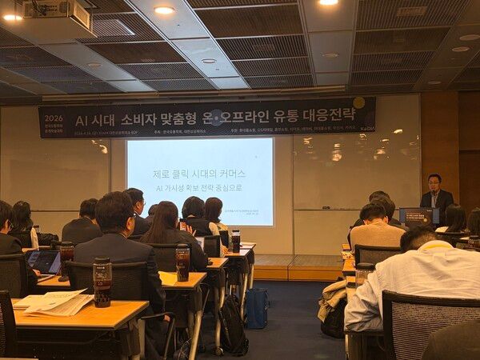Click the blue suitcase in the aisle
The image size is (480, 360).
257,308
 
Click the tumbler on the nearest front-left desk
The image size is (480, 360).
102,281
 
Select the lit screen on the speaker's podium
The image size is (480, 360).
418,215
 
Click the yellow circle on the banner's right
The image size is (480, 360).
358,102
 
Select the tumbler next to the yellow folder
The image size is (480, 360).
183,262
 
